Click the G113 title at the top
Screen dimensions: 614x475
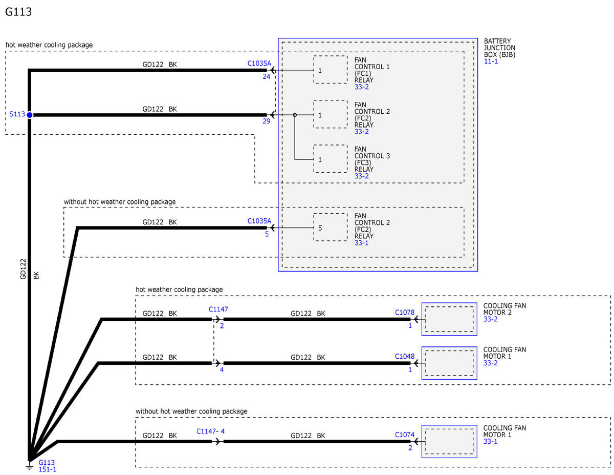pos(18,12)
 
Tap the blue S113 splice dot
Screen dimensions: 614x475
pos(29,115)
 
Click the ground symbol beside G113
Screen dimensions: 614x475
pos(29,466)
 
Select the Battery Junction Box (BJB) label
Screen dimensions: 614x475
pos(499,48)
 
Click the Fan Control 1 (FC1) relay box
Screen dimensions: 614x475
pos(330,70)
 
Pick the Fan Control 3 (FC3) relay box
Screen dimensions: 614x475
pos(330,159)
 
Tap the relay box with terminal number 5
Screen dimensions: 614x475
pos(330,227)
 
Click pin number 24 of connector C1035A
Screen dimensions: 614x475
pos(266,76)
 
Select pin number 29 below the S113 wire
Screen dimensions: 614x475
pos(266,121)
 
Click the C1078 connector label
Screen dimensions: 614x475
pos(404,313)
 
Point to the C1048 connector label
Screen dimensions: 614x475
pos(404,356)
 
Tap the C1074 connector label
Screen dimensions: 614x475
pos(404,435)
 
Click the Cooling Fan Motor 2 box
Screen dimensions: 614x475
pos(449,319)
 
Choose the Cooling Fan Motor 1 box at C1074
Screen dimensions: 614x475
pos(449,441)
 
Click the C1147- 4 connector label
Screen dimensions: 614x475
pos(210,431)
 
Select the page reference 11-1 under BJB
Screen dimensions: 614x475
pos(491,61)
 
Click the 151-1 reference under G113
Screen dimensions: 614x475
pos(47,469)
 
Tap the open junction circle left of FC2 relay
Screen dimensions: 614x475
pos(295,115)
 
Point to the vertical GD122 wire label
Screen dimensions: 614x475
pos(23,269)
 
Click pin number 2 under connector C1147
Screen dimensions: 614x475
pos(222,325)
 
